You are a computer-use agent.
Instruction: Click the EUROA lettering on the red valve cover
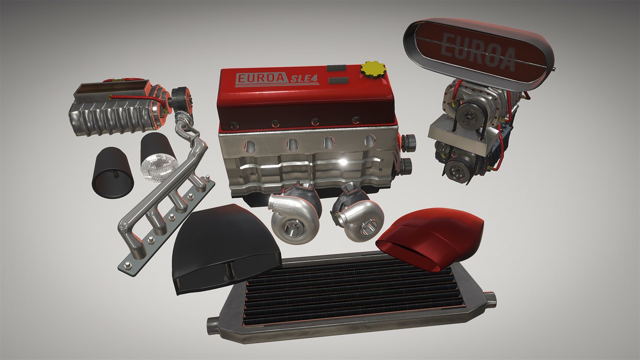coord(262,78)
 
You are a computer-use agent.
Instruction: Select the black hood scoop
coord(226,248)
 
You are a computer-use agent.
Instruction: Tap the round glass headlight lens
coord(159,167)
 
